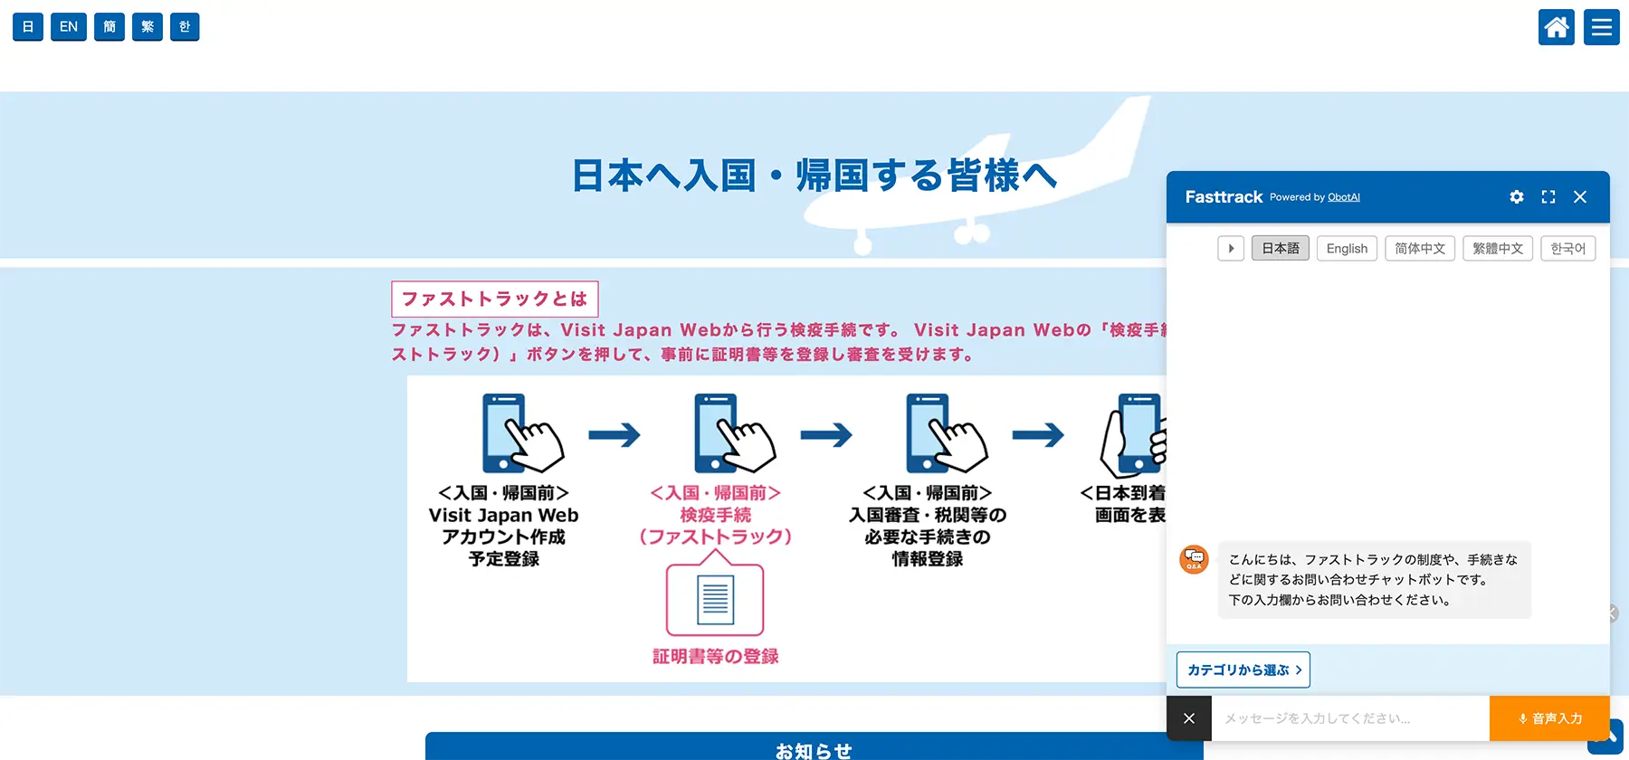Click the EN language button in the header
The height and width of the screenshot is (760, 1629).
pyautogui.click(x=69, y=27)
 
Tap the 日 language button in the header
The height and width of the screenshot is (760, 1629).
pyautogui.click(x=28, y=27)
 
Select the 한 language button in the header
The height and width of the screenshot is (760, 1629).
pyautogui.click(x=185, y=27)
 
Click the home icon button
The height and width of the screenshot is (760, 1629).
pyautogui.click(x=1557, y=27)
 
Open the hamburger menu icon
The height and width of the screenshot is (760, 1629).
pyautogui.click(x=1601, y=27)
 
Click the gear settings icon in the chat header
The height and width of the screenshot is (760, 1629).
pyautogui.click(x=1517, y=197)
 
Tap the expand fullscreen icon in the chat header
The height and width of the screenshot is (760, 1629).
pyautogui.click(x=1548, y=197)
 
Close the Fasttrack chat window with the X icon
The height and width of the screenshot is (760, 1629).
pyautogui.click(x=1580, y=197)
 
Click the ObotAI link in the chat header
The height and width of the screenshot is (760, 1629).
pyautogui.click(x=1344, y=197)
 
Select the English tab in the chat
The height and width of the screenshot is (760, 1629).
pyautogui.click(x=1347, y=249)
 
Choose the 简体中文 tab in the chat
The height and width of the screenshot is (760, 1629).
pyautogui.click(x=1420, y=249)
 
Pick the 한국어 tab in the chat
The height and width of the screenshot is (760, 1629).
pyautogui.click(x=1567, y=249)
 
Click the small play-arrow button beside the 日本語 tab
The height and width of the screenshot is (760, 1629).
pyautogui.click(x=1231, y=249)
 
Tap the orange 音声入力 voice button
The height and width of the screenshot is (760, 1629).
pyautogui.click(x=1549, y=718)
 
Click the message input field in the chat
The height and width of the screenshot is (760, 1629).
pyautogui.click(x=1348, y=718)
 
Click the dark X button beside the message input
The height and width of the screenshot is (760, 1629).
pyautogui.click(x=1189, y=718)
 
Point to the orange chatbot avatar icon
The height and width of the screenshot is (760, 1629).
pyautogui.click(x=1194, y=559)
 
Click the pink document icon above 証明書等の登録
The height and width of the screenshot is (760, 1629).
pyautogui.click(x=715, y=599)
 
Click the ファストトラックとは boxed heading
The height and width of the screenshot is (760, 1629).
pyautogui.click(x=494, y=299)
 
